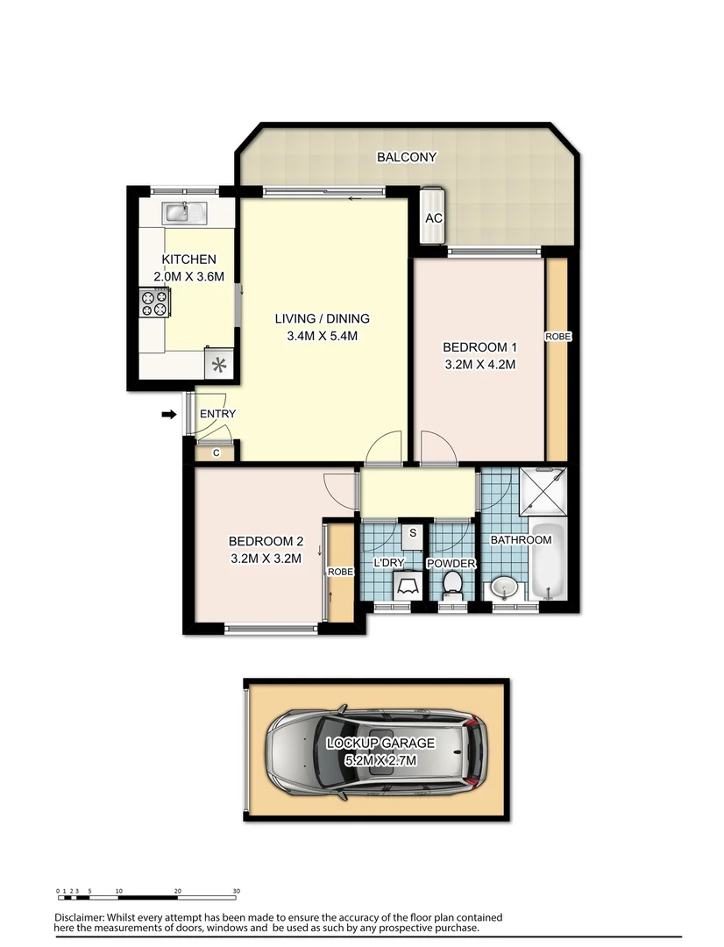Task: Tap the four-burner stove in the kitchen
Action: click(x=154, y=303)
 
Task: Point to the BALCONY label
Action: click(x=406, y=158)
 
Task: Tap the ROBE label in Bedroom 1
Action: click(x=557, y=337)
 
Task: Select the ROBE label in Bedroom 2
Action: click(x=340, y=572)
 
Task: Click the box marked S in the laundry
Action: click(x=413, y=531)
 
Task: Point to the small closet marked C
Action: click(x=216, y=452)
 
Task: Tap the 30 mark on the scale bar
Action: click(x=237, y=891)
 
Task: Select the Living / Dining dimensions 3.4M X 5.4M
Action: click(x=322, y=335)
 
